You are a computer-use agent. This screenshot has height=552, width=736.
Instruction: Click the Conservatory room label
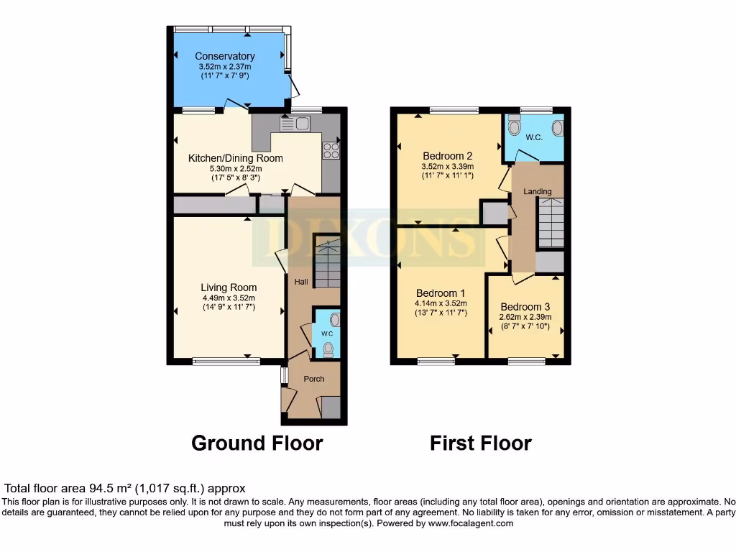[x=225, y=56]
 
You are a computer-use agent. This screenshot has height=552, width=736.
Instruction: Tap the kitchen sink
[x=295, y=124]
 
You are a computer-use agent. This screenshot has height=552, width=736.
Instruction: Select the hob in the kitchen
[x=331, y=150]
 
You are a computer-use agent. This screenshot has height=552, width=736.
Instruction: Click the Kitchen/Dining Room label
[x=236, y=158]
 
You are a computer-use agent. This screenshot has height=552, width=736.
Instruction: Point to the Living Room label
[x=229, y=287]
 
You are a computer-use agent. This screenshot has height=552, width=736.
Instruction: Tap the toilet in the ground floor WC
[x=328, y=349]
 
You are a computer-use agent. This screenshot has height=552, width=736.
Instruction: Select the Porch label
[x=314, y=379]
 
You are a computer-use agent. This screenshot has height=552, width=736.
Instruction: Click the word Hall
[x=301, y=282]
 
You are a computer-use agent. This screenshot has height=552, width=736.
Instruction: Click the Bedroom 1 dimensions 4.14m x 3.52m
[x=442, y=303]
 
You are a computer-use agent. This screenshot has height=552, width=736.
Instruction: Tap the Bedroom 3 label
[x=525, y=306]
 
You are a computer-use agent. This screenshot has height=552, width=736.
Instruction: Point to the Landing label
[x=538, y=191]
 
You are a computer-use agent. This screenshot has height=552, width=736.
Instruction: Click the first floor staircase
[x=551, y=224]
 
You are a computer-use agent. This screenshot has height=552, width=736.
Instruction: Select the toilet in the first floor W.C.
[x=514, y=127]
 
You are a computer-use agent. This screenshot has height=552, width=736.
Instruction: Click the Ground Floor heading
[x=257, y=443]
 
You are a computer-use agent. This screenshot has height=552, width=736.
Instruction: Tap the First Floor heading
[x=481, y=443]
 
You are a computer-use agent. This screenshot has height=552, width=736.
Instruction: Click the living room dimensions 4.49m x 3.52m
[x=229, y=298]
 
